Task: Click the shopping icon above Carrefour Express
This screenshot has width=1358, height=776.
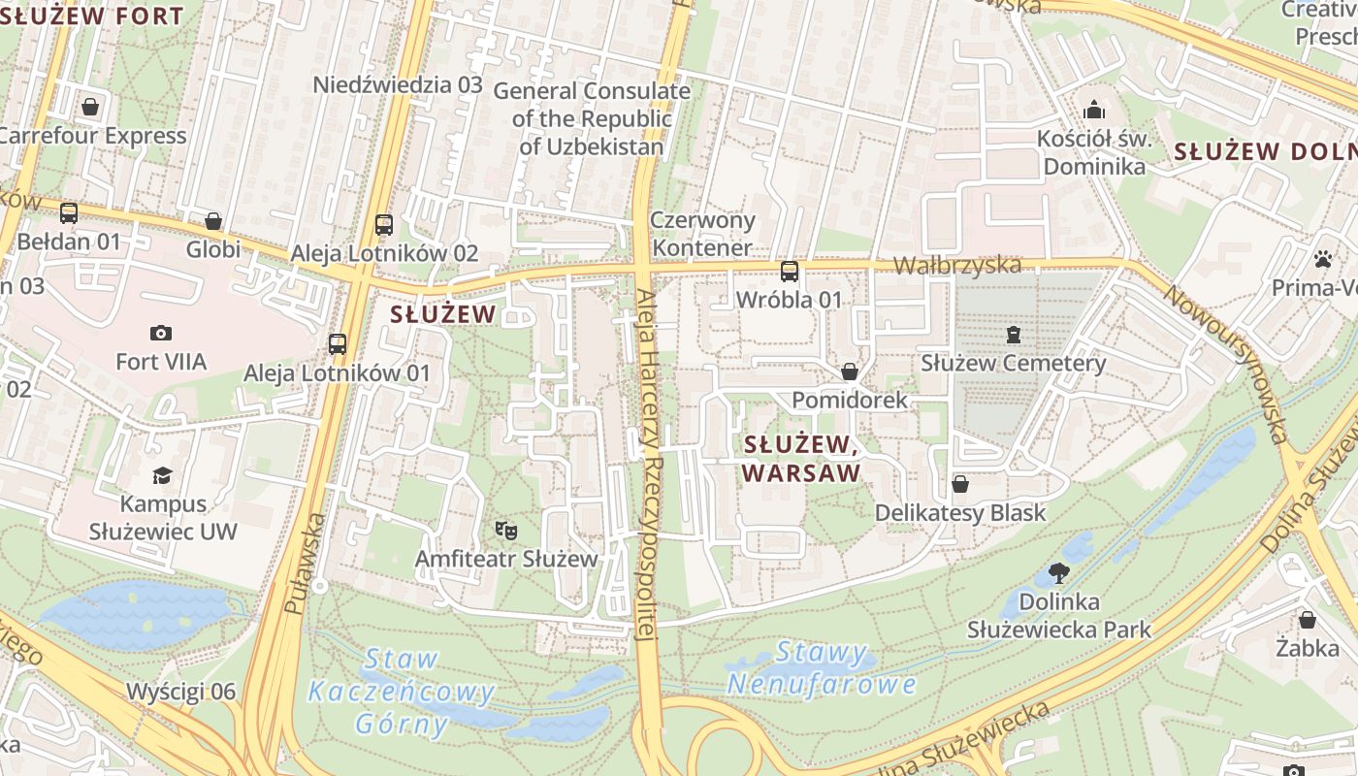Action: tap(90, 107)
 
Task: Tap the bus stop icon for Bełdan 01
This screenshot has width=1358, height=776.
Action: tap(69, 213)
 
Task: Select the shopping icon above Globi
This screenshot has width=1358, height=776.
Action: tap(213, 222)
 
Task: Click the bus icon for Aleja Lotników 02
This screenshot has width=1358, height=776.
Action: tap(384, 225)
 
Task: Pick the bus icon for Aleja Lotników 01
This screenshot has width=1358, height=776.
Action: tap(338, 344)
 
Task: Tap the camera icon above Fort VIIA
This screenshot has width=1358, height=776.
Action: tap(161, 334)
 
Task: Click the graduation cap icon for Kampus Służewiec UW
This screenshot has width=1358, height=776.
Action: tap(162, 476)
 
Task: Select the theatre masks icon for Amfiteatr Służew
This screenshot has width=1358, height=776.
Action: tap(505, 531)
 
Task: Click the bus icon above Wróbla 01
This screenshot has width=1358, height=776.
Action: tap(790, 272)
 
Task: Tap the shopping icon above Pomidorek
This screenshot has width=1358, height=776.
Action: tap(850, 372)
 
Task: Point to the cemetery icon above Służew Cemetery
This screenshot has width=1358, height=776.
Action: tap(1014, 336)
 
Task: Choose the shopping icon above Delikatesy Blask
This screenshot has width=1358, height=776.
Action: tap(960, 484)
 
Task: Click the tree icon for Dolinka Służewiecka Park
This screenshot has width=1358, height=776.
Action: tap(1059, 573)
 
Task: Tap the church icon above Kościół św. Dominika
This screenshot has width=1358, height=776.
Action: tap(1093, 109)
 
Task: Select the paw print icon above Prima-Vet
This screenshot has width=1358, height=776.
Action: tap(1322, 259)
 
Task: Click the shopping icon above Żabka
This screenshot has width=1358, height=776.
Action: tap(1307, 619)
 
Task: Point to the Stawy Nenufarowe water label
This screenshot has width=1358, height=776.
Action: tap(822, 668)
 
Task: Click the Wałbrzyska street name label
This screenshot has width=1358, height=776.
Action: tap(956, 265)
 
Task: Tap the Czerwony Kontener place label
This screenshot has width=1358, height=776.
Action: tap(702, 234)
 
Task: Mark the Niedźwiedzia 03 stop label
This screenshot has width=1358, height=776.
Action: tap(398, 84)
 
